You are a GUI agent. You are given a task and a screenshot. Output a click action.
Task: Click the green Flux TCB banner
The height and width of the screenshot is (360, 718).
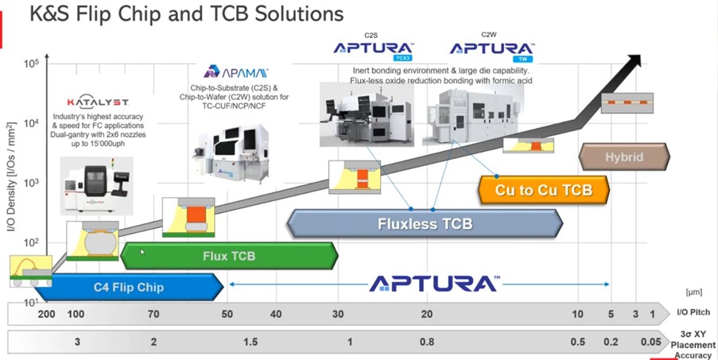click(x=228, y=256)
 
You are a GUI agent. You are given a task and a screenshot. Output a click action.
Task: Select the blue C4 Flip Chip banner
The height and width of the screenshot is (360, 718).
click(x=127, y=286)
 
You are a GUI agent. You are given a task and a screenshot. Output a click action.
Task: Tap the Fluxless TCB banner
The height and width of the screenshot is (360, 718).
click(x=425, y=223)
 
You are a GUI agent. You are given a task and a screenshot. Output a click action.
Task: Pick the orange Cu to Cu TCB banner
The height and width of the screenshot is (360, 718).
click(x=543, y=191)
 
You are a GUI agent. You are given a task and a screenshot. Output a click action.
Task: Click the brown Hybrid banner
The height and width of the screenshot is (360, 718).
click(x=624, y=157)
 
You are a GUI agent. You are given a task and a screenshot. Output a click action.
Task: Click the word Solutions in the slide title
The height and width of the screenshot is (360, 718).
click(x=292, y=14)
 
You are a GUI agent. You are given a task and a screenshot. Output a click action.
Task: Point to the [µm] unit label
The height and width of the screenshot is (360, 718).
click(x=693, y=292)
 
